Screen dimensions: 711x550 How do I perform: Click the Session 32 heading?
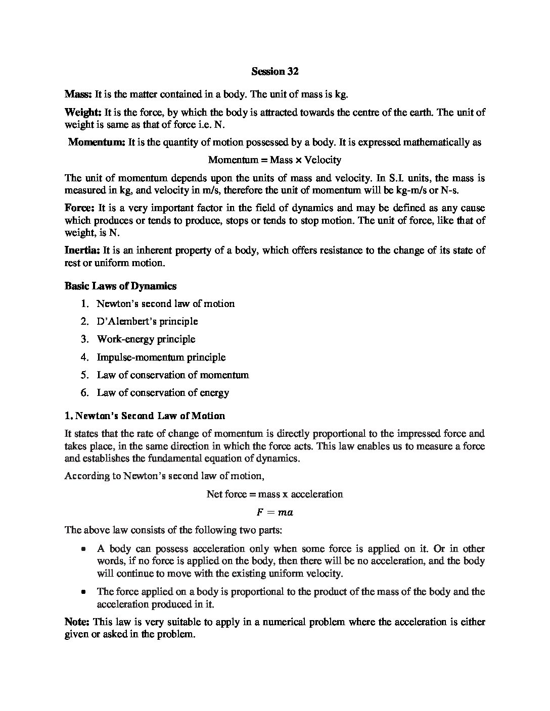[275, 71]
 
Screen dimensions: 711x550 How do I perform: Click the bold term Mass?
[78, 94]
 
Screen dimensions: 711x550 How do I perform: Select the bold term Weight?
[83, 112]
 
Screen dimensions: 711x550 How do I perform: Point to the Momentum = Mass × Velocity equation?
[274, 160]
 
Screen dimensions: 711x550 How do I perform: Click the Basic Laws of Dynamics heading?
[120, 286]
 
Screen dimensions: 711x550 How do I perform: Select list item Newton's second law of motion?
[165, 303]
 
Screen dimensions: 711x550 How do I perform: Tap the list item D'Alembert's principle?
[147, 321]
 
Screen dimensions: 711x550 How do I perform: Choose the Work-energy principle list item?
[146, 339]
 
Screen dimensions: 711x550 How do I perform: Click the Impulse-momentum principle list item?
[161, 357]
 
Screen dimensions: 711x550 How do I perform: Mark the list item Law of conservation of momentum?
[172, 375]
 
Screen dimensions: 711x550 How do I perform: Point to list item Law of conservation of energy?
[163, 392]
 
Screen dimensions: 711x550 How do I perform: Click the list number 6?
[84, 392]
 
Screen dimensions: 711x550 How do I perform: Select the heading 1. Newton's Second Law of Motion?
[145, 416]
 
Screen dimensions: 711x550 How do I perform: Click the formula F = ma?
[274, 513]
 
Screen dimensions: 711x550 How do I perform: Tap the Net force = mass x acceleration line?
[274, 494]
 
